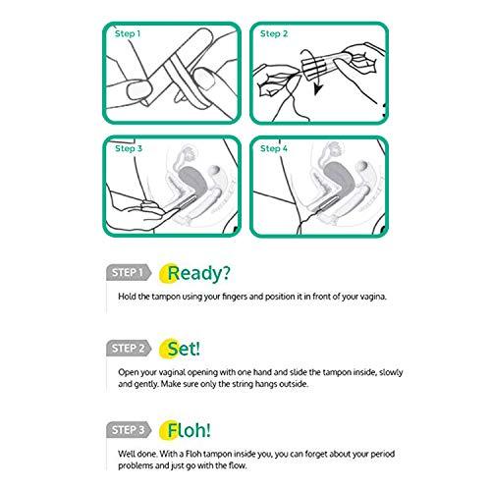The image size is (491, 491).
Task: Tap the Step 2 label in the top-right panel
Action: point(274,33)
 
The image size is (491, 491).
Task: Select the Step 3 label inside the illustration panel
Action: point(127,148)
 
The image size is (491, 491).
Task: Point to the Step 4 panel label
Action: point(274,148)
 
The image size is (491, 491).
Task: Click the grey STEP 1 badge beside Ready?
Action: point(127,272)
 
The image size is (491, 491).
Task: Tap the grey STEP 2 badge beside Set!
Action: point(127,348)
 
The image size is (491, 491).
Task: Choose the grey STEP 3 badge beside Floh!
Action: point(127,429)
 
